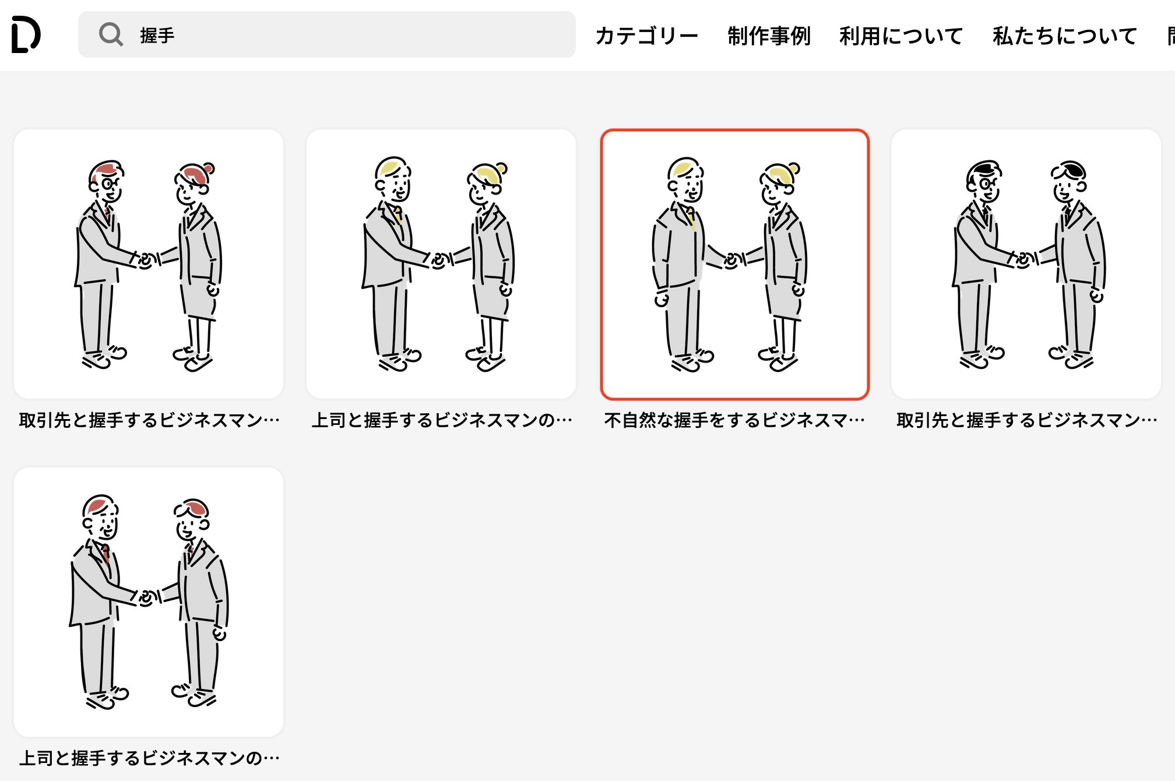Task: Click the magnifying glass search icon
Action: [110, 34]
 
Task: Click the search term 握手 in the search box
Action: [157, 36]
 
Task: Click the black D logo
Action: [26, 34]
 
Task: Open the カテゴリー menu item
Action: [646, 36]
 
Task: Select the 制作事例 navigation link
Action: [769, 36]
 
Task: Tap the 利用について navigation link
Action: [901, 36]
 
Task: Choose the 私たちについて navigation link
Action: [1065, 36]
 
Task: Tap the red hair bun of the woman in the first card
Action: [209, 168]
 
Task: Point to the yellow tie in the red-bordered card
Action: [691, 217]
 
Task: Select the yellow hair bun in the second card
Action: [502, 168]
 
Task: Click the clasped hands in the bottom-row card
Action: [147, 598]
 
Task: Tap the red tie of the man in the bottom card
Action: [105, 552]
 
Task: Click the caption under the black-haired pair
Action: [1026, 420]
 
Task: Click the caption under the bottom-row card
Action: [149, 758]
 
